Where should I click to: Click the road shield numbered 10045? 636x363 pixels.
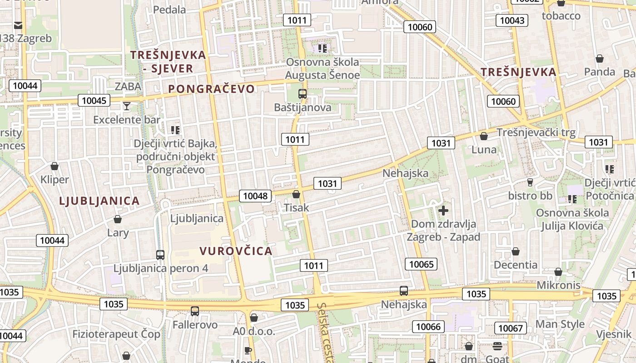94,100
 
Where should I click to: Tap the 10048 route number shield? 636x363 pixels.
255,196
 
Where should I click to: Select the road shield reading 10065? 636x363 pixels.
421,264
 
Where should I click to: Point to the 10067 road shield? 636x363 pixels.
511,328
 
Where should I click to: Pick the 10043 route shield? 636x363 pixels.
512,20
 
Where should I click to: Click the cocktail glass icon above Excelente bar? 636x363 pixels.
126,106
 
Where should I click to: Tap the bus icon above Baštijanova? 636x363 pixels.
302,94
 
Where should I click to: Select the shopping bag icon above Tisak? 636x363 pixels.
296,194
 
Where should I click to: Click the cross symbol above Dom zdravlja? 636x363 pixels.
443,210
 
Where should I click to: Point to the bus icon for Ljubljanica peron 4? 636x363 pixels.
160,255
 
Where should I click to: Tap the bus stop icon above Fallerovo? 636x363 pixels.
195,311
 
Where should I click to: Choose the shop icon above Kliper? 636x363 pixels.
55,166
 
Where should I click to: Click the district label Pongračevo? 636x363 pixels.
211,89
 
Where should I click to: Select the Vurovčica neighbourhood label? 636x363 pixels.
236,251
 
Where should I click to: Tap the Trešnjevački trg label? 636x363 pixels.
536,132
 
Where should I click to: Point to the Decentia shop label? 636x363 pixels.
515,265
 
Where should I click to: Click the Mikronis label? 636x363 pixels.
558,285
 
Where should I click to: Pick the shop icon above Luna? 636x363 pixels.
484,136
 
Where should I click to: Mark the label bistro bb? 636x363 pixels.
530,196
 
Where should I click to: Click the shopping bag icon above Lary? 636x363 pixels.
118,220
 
